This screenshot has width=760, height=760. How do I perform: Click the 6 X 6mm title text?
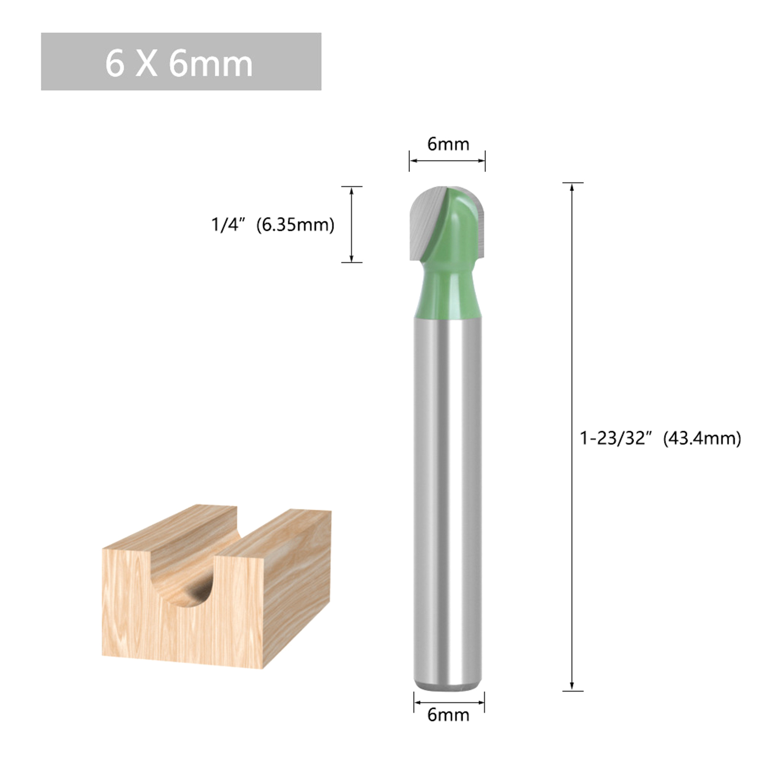[179, 64]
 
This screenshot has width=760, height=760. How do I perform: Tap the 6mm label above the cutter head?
[448, 144]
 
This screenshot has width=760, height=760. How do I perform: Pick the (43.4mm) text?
[702, 438]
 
